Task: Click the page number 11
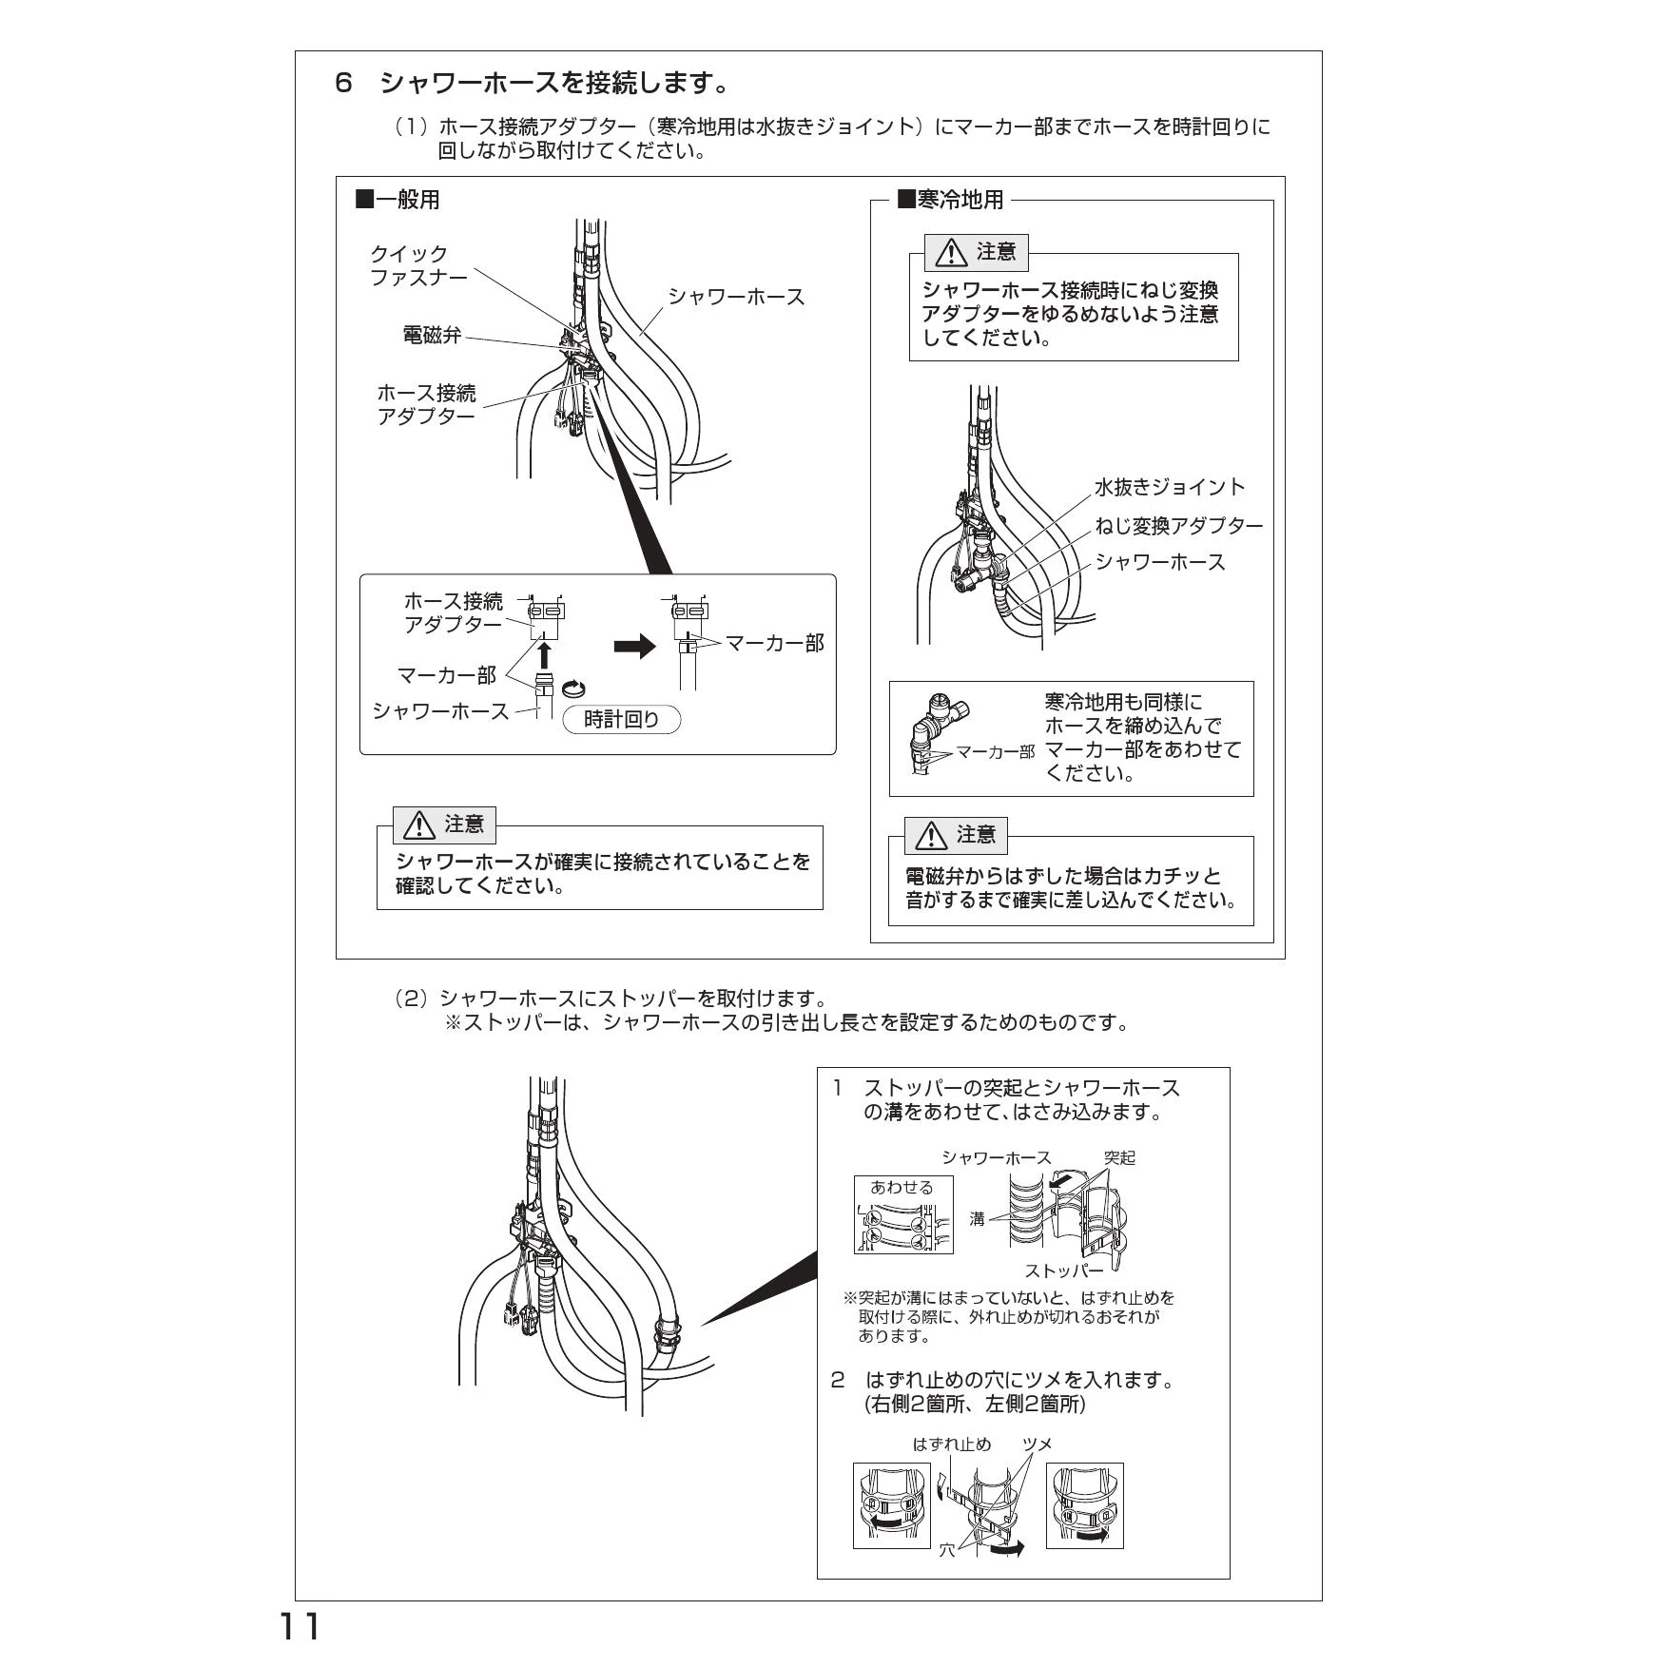(299, 1627)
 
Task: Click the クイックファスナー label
(418, 266)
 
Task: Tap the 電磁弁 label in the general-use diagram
(433, 335)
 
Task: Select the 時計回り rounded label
(622, 720)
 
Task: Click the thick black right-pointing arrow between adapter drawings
(635, 647)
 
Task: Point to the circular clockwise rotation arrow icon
(574, 689)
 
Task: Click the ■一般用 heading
(398, 200)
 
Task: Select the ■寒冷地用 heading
(951, 200)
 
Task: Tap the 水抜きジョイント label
(1170, 487)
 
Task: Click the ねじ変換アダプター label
(1179, 526)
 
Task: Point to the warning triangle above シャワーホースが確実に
(418, 825)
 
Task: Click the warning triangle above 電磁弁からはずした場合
(931, 836)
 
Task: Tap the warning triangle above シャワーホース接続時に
(951, 253)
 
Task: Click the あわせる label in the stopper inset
(902, 1187)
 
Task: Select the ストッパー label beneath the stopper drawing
(1064, 1270)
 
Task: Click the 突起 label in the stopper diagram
(1119, 1157)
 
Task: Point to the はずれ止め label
(952, 1445)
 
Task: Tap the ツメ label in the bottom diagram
(1038, 1445)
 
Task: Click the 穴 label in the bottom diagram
(947, 1550)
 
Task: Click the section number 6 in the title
(344, 84)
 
